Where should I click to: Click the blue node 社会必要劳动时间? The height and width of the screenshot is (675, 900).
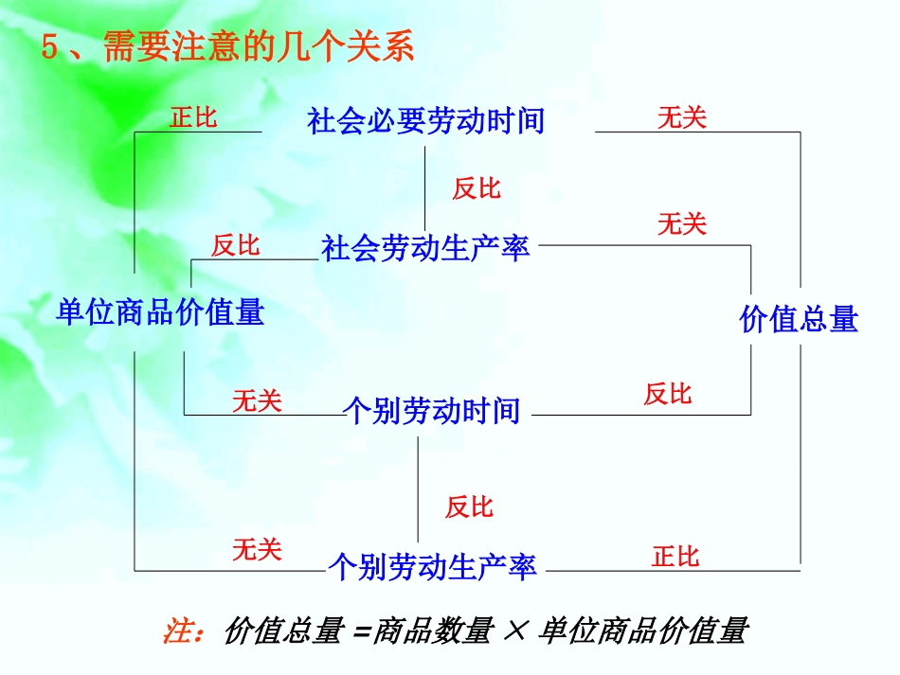coord(425,121)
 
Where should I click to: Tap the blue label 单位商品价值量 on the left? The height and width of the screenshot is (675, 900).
coord(160,311)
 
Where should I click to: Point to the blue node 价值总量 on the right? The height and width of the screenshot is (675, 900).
coord(798,319)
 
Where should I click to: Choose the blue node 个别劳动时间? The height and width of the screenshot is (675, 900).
coord(431,411)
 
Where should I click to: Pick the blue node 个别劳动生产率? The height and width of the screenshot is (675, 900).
coord(432,566)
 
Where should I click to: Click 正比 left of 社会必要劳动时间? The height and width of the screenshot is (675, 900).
coord(194,117)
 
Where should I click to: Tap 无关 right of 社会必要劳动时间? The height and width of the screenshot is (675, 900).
coord(682,117)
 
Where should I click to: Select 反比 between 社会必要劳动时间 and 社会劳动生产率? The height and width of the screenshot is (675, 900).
coord(476,188)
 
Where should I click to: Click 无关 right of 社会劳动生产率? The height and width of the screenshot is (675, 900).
coord(682,224)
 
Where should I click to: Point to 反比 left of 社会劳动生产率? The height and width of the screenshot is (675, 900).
coord(235,246)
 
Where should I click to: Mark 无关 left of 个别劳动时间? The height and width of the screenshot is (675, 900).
coord(257,401)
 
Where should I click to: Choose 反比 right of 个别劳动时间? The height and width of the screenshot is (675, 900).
coord(668,394)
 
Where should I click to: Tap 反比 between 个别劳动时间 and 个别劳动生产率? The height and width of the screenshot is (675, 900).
coord(469,506)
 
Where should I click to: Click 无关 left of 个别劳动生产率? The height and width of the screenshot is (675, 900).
coord(257,549)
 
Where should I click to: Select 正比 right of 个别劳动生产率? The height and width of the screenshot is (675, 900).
coord(675,557)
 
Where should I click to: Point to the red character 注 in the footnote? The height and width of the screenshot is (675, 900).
coord(178,631)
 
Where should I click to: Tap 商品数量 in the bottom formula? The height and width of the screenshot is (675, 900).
coord(433,631)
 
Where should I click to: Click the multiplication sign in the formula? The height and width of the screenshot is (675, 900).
coord(513,631)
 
